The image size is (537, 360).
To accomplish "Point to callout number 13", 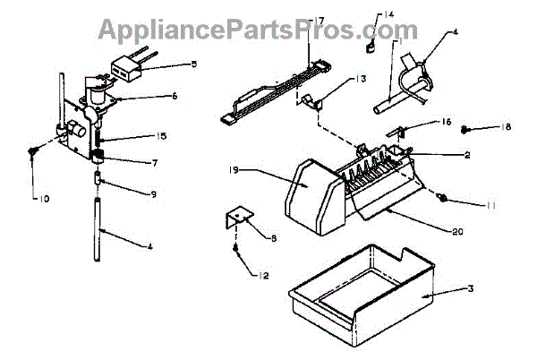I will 336,80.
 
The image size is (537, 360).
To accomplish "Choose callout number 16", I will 154,162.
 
